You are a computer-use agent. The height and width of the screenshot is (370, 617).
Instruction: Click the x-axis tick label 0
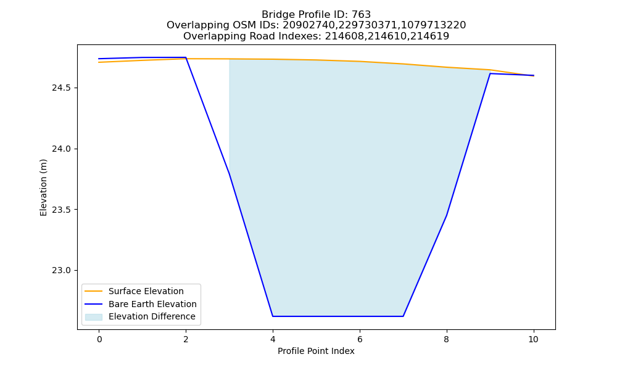[x=99, y=339]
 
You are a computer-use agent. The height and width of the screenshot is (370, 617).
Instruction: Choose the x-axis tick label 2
[x=186, y=339]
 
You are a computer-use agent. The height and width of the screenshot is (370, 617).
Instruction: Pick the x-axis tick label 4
[x=273, y=339]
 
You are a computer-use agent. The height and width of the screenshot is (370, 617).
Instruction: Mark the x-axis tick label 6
[x=360, y=339]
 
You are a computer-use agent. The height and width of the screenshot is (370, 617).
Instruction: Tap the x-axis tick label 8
[x=446, y=339]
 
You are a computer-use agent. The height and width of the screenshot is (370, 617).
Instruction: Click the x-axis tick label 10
[x=533, y=339]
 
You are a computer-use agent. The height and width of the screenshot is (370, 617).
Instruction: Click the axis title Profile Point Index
[x=316, y=351]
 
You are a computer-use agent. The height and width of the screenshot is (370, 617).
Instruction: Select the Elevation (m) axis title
[x=43, y=187]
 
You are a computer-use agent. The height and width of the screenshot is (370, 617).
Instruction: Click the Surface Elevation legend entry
[x=146, y=291]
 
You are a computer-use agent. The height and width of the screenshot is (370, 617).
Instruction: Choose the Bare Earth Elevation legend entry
[x=152, y=304]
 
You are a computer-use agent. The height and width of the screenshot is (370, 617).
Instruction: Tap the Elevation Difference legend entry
[x=152, y=316]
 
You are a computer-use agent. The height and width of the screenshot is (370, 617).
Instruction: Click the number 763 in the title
[x=361, y=15]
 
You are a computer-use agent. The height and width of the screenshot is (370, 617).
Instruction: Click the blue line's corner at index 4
[x=273, y=316]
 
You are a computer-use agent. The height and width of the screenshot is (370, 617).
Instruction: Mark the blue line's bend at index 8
[x=447, y=215]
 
